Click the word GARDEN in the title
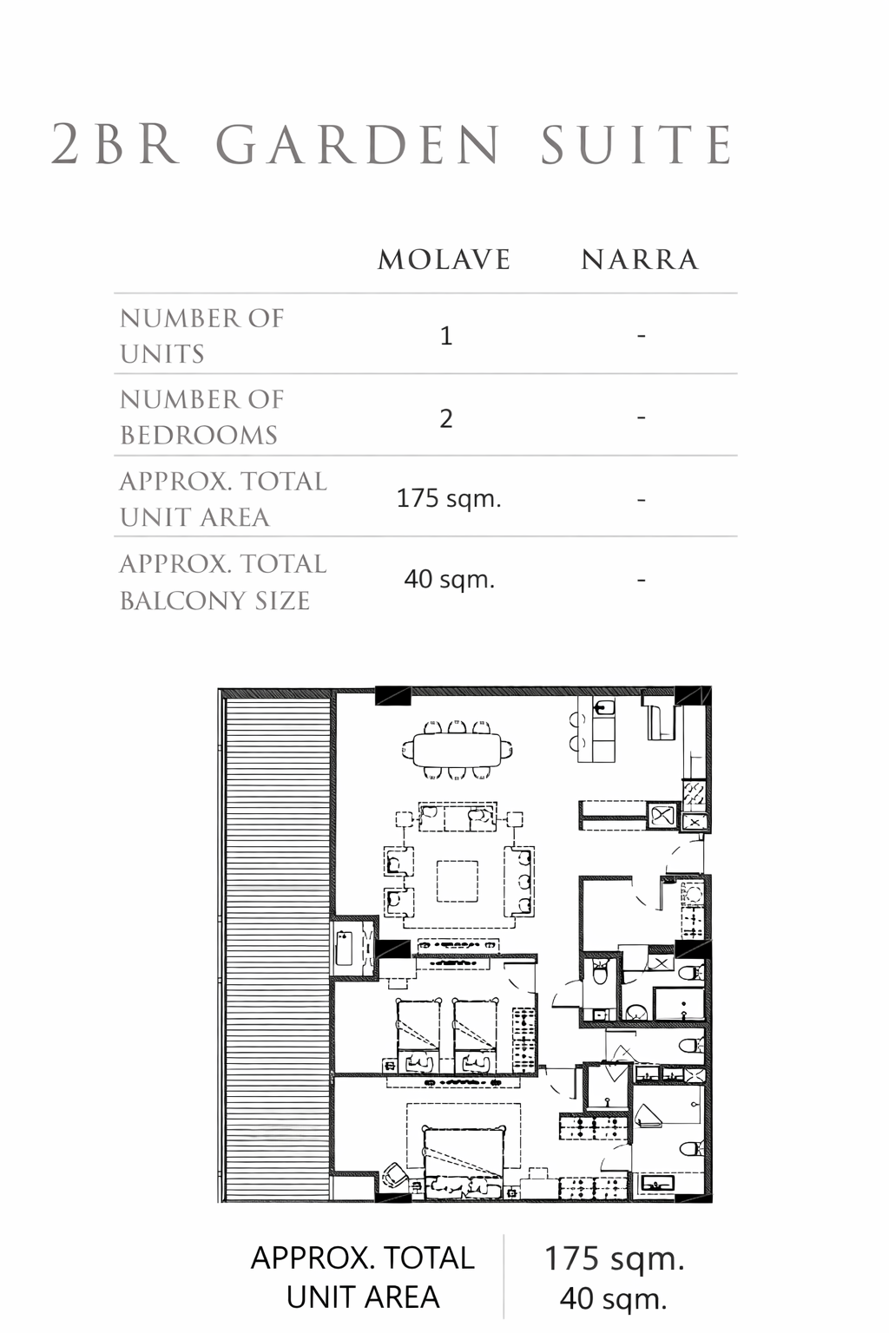point(359,145)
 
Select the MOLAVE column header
point(444,259)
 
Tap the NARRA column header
point(640,259)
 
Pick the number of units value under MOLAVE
point(446,336)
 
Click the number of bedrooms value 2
point(446,418)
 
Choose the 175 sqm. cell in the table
point(449,499)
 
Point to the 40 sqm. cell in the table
point(450,579)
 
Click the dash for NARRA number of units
point(641,336)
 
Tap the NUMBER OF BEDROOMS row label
point(202,417)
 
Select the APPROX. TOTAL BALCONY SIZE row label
point(223,582)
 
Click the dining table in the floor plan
point(457,750)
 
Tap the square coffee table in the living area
point(458,882)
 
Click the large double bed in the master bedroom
point(464,1162)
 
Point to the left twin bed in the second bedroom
point(418,1036)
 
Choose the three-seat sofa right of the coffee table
point(518,882)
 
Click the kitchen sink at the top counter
point(604,707)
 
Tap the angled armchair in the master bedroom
point(395,1174)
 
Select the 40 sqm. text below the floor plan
point(613,1299)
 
